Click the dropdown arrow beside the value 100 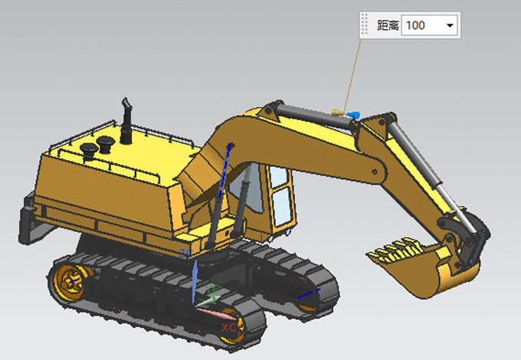(450, 25)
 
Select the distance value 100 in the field (415, 25)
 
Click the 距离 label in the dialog (388, 25)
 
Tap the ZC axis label (185, 254)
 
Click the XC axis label (228, 328)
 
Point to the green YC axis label (212, 290)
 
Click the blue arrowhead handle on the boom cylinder (353, 115)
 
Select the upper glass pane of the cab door (278, 177)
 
